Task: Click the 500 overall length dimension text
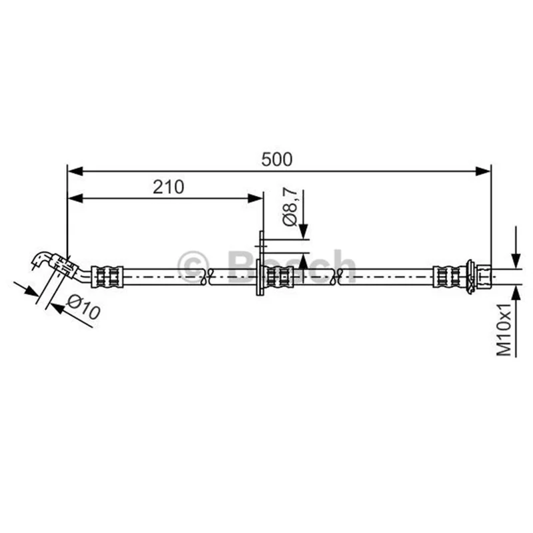click(276, 159)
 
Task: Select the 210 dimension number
click(169, 187)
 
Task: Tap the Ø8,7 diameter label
click(290, 208)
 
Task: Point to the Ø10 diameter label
click(84, 307)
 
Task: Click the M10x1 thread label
click(504, 329)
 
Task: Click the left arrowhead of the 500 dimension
click(75, 171)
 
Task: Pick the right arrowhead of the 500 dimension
click(483, 171)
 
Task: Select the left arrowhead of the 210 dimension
click(75, 199)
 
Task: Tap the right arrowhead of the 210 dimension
click(255, 199)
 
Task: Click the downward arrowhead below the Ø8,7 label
click(304, 232)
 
